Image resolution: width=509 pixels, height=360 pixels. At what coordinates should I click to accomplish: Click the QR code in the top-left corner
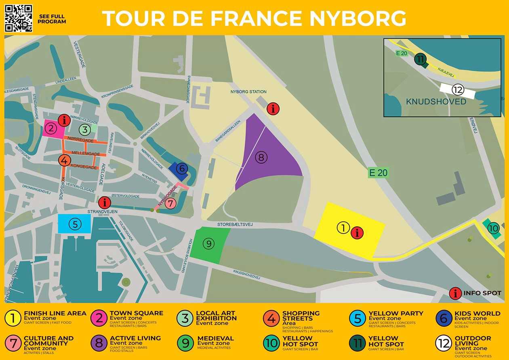[19, 18]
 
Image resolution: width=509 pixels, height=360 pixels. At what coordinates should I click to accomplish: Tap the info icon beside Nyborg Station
[273, 109]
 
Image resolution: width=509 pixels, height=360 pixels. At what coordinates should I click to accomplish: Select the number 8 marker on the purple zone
[261, 158]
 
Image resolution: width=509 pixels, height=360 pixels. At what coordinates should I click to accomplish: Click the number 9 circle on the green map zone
[208, 244]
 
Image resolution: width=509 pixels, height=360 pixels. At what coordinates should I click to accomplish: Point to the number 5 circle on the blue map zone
[74, 224]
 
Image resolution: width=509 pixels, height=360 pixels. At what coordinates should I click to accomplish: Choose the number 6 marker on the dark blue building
[181, 168]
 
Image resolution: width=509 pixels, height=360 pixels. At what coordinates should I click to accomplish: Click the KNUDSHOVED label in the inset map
[436, 101]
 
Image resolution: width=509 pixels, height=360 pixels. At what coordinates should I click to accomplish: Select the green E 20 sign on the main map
[378, 173]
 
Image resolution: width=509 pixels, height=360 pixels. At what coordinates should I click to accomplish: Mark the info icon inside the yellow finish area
[357, 233]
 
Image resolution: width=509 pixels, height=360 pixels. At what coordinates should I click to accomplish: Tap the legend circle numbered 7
[13, 343]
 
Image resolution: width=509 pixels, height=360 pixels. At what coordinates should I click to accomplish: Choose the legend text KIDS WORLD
[477, 313]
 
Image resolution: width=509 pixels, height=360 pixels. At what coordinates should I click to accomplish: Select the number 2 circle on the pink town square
[50, 128]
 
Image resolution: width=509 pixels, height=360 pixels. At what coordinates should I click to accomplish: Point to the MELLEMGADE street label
[85, 154]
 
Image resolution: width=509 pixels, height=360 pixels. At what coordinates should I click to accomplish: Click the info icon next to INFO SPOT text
[456, 293]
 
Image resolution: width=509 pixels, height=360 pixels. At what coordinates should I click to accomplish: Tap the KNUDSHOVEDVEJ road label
[246, 275]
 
